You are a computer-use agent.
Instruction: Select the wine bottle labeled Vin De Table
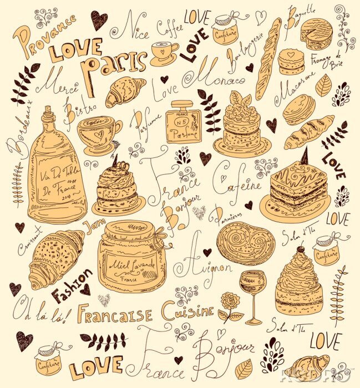(x=55, y=172)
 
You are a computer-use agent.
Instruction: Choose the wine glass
(x=252, y=294)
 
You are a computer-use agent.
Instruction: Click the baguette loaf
(x=268, y=58)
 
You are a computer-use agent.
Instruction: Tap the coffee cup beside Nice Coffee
(x=164, y=53)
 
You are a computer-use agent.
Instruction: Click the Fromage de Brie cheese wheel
(x=317, y=34)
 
